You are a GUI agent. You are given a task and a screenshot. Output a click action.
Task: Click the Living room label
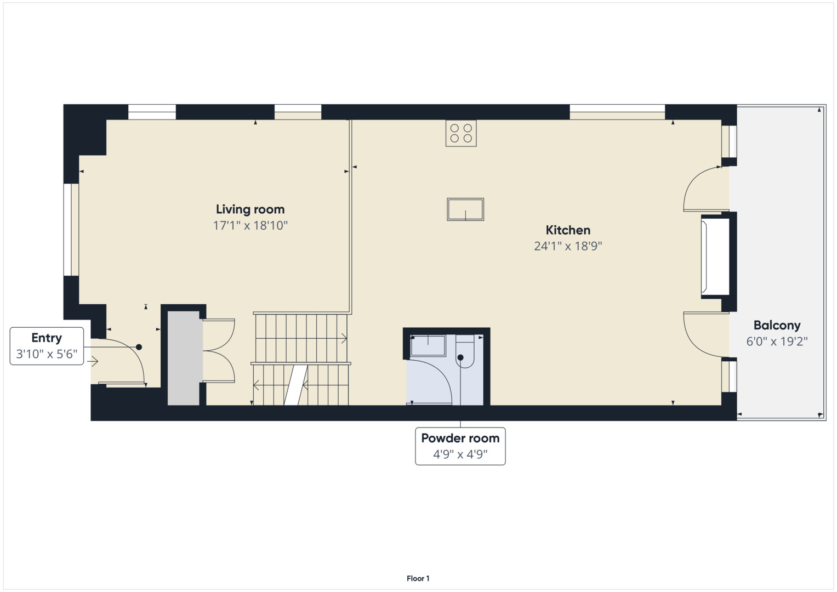[x=250, y=209]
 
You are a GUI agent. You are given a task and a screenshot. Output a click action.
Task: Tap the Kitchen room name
[x=568, y=230]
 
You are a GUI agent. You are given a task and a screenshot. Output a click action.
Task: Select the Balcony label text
[x=777, y=326]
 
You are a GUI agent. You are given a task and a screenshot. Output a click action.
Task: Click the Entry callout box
[x=47, y=346]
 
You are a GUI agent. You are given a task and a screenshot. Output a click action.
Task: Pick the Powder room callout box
[x=460, y=446]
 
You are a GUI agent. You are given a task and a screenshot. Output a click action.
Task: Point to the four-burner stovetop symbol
[x=461, y=133]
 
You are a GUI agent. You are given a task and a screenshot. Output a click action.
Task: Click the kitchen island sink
[x=465, y=209]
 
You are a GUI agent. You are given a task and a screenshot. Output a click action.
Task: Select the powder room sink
[x=428, y=345]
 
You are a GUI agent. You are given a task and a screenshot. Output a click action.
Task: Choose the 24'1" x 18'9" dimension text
[x=568, y=246]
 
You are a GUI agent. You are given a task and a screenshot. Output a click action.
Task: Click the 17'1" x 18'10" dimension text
[x=250, y=225]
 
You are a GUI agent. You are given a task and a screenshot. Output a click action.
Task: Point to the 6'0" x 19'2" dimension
[x=777, y=341]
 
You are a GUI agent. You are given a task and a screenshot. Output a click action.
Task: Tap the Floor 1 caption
[x=418, y=578]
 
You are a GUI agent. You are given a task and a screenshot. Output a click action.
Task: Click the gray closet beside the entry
[x=184, y=358]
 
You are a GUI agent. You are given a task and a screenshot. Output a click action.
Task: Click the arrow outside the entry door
[x=92, y=362]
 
